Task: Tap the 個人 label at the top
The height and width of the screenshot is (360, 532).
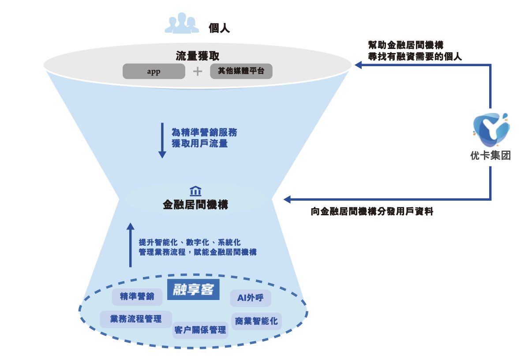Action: point(219,29)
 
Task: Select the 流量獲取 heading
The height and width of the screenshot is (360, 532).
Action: point(197,56)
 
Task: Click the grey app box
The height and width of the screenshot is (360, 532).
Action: point(154,71)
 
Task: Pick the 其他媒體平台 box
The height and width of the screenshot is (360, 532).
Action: point(241,71)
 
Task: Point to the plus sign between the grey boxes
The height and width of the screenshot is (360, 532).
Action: point(198,71)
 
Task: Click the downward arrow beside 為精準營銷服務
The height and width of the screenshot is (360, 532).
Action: point(162,140)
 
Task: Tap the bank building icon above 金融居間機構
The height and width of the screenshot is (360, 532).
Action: point(195,191)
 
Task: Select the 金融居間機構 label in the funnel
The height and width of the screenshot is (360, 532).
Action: point(195,205)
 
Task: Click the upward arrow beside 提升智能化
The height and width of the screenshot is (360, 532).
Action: point(130,244)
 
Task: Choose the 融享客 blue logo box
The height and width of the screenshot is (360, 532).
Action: point(193,290)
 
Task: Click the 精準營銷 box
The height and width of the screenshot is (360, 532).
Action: point(137,297)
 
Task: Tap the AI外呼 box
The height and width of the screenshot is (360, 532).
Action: point(250,298)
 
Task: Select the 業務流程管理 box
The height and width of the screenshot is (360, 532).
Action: point(136,319)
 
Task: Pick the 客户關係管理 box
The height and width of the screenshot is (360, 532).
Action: point(200,330)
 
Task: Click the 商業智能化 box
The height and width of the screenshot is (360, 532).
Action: point(256,321)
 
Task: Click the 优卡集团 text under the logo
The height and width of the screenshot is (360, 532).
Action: point(490,156)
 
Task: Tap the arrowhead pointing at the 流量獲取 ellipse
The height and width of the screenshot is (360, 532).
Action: point(359,65)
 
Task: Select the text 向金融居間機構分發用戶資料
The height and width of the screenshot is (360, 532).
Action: point(372,212)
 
